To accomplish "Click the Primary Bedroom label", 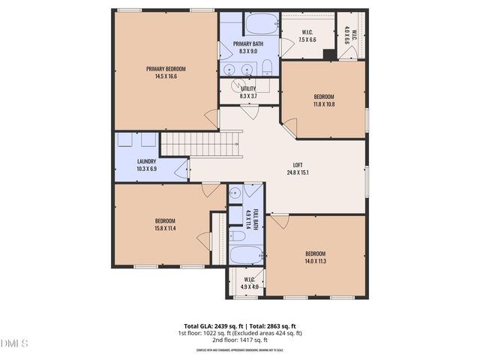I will click(166, 72).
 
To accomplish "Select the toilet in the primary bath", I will click(267, 68).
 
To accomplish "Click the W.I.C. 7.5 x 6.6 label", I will click(307, 35).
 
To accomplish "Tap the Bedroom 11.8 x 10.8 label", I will click(324, 100).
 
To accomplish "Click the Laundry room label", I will click(146, 165).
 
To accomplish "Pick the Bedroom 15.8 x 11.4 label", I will click(165, 223).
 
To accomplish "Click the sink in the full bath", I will click(235, 192).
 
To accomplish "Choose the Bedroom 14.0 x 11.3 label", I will click(315, 256).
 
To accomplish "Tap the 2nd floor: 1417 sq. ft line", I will click(239, 340).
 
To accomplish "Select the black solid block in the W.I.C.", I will click(328, 53).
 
